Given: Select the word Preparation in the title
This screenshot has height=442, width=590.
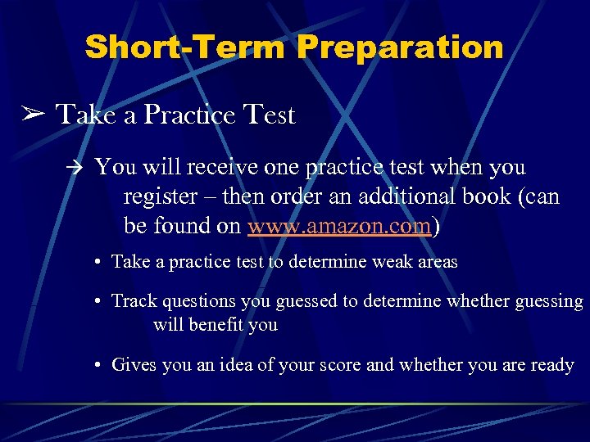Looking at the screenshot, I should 401,47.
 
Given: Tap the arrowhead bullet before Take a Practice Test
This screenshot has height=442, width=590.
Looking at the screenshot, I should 31,115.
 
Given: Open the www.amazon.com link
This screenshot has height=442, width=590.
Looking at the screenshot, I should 339,226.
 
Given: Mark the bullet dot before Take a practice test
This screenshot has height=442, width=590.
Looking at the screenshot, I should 97,263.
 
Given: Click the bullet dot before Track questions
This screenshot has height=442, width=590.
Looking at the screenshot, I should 97,302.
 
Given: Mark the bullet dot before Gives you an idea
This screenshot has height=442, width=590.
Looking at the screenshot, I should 97,366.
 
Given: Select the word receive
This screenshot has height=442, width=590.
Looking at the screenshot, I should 224,167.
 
